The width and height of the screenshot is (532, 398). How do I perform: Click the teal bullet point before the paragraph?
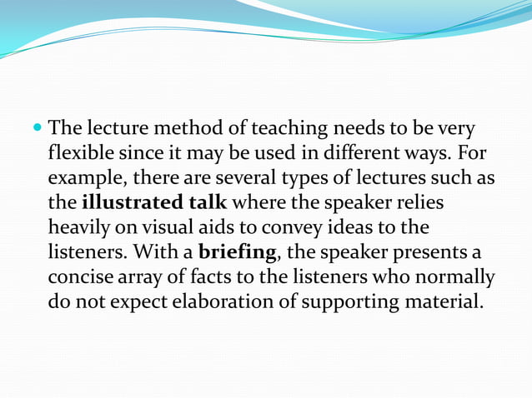pos(39,131)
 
